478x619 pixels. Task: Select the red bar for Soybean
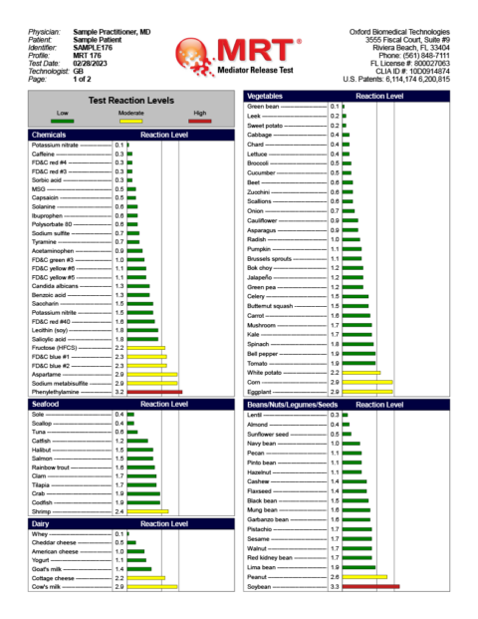pyautogui.click(x=369, y=587)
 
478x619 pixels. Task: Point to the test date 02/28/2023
pyautogui.click(x=91, y=62)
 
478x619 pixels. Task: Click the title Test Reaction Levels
pyautogui.click(x=131, y=101)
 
